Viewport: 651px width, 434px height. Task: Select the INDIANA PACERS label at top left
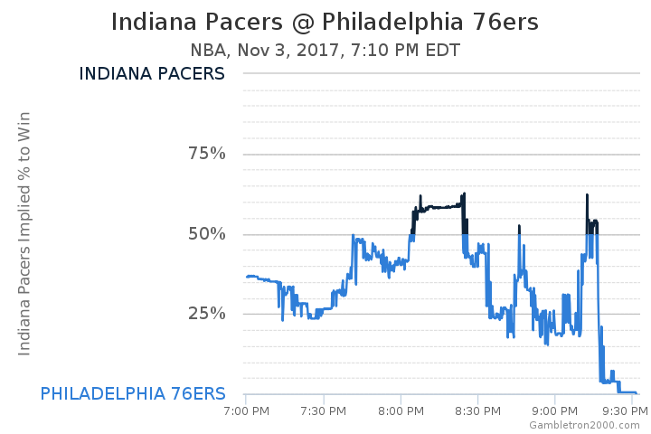click(152, 74)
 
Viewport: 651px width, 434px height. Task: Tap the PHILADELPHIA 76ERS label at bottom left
click(133, 393)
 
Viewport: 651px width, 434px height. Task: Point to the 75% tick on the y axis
click(206, 154)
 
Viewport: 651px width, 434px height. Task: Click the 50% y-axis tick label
click(206, 234)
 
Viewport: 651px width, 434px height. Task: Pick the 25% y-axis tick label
click(206, 314)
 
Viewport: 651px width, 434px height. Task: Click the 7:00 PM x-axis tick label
click(246, 411)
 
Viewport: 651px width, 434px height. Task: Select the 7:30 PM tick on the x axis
click(323, 411)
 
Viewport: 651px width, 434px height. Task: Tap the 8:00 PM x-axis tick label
click(401, 411)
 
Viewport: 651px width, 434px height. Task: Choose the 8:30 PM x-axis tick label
click(477, 411)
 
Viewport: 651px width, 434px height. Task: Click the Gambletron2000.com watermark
click(585, 425)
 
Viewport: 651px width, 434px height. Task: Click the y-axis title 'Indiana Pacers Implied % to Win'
click(24, 234)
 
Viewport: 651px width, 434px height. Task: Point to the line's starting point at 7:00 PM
click(246, 277)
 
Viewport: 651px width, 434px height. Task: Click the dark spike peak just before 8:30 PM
click(464, 193)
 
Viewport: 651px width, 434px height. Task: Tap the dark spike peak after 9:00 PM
click(587, 195)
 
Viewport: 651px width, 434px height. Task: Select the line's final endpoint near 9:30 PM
click(636, 392)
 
